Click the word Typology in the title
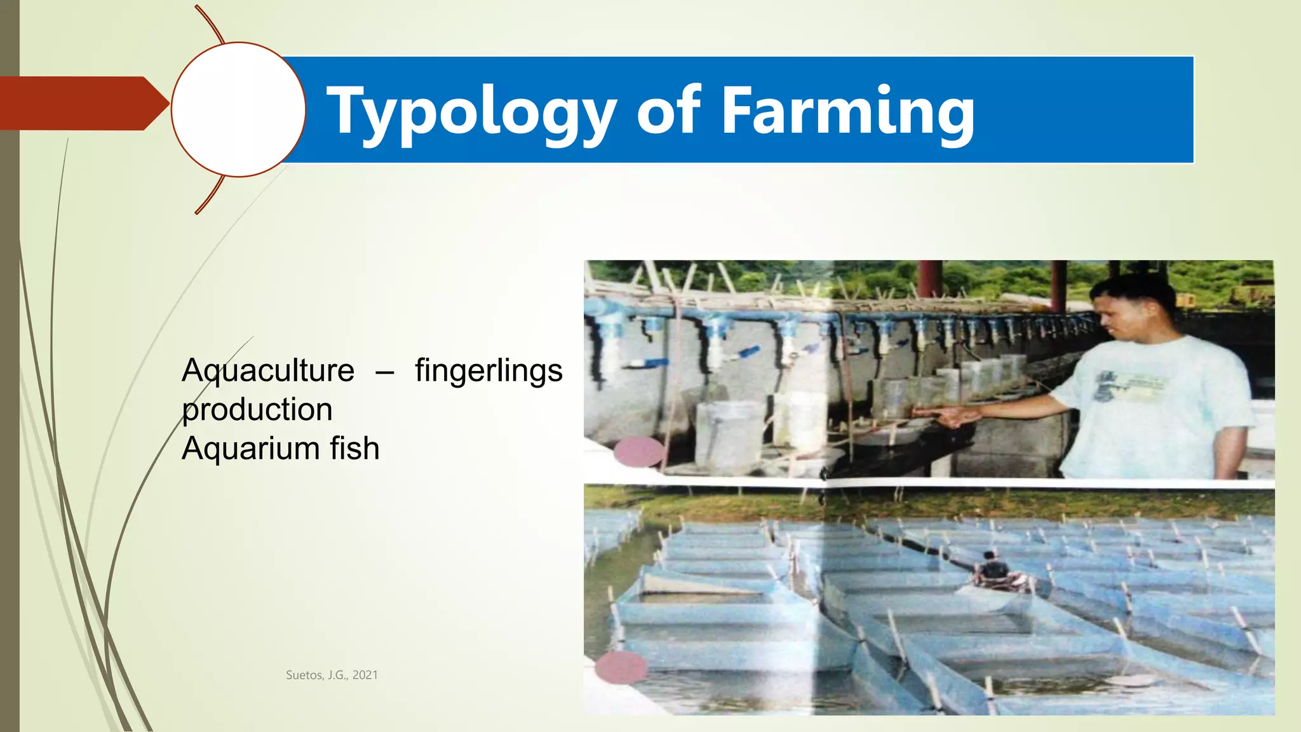471,112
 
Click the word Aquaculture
267,371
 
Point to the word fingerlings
489,371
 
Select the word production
257,410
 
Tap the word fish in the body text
354,449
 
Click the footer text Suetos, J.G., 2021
332,675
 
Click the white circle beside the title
238,109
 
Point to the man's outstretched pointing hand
953,416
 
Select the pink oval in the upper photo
639,452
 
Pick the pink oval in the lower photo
621,667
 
